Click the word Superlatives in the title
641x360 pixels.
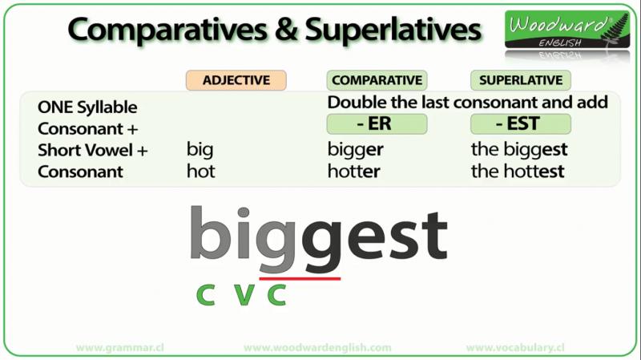(393, 30)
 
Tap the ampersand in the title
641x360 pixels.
(286, 30)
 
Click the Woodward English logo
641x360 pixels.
(567, 30)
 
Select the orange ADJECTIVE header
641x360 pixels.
(236, 80)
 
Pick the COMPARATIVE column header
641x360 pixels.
(377, 80)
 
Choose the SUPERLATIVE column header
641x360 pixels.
(521, 80)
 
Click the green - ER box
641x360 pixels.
(377, 124)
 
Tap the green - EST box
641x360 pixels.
(521, 124)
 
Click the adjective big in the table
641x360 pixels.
(200, 150)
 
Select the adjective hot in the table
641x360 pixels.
(201, 171)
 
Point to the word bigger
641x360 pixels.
(355, 150)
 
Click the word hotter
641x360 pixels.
(353, 171)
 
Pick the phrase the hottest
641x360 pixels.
(518, 171)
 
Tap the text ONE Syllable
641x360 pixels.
(87, 107)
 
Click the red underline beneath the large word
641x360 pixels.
(300, 279)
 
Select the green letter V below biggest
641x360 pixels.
(244, 294)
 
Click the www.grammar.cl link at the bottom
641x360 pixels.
(120, 348)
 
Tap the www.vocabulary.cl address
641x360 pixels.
(515, 348)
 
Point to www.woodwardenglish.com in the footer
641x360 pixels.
(317, 348)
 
